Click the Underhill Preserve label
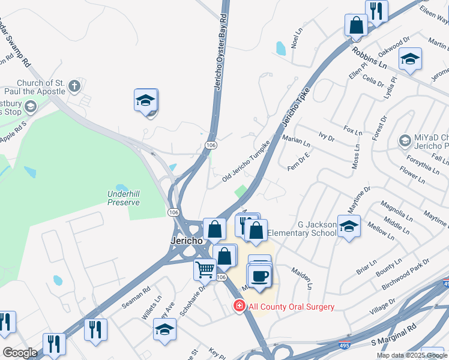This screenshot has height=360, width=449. click(124, 198)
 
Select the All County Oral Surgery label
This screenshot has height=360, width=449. click(291, 307)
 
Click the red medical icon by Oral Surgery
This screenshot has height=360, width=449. click(240, 307)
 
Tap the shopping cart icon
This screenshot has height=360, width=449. click(205, 270)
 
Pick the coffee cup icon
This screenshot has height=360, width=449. click(259, 277)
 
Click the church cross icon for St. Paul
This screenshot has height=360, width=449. click(74, 86)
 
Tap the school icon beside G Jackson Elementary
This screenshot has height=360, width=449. click(348, 227)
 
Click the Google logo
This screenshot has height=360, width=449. click(20, 353)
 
